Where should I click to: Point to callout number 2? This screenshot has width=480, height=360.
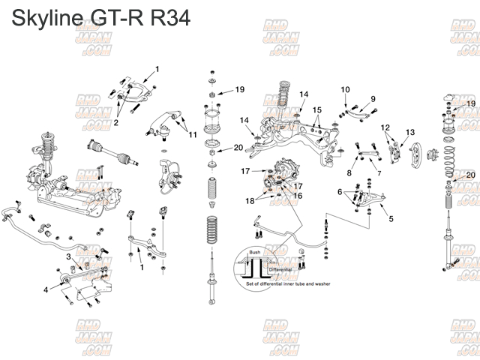pyautogui.click(x=117, y=122)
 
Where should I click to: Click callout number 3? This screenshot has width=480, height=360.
pyautogui.click(x=68, y=256)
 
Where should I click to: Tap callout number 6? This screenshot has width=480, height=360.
pyautogui.click(x=340, y=193)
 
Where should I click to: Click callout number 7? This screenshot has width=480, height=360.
pyautogui.click(x=379, y=173)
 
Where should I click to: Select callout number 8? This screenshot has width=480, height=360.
pyautogui.click(x=349, y=173)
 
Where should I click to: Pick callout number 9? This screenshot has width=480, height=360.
pyautogui.click(x=373, y=100)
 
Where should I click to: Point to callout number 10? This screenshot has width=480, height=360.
pyautogui.click(x=345, y=90)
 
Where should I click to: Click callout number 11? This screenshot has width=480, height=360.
pyautogui.click(x=193, y=135)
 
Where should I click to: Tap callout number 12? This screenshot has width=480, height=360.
pyautogui.click(x=385, y=127)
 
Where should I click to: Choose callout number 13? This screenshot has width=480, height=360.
pyautogui.click(x=410, y=133)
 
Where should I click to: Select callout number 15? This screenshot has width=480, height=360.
pyautogui.click(x=317, y=109)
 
